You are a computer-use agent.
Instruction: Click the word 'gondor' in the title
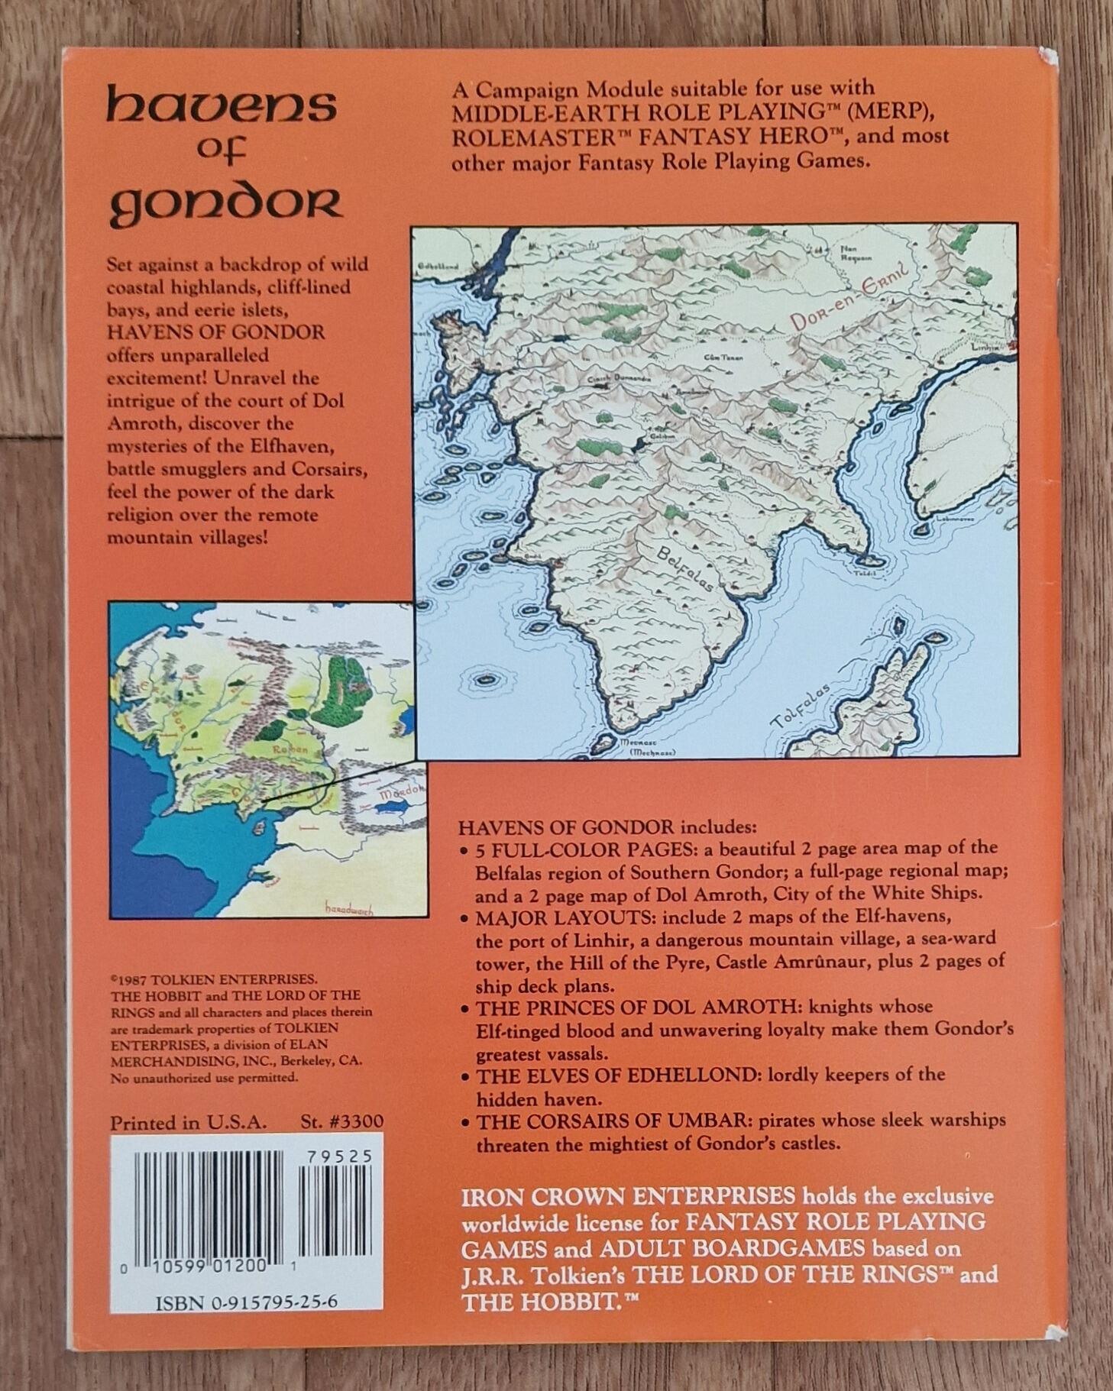pos(225,205)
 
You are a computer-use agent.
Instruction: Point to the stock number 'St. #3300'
pos(341,1122)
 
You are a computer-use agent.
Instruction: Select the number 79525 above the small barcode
pos(338,1156)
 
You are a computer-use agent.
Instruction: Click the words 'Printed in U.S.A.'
pos(188,1122)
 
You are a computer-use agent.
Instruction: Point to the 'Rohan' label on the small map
pos(289,750)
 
